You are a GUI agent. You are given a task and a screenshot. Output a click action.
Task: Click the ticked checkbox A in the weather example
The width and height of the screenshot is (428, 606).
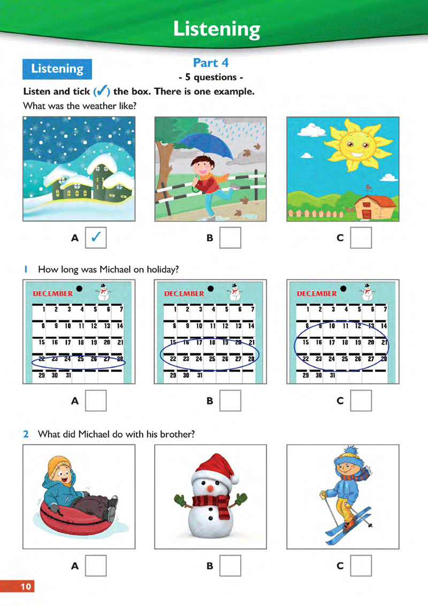click(96, 238)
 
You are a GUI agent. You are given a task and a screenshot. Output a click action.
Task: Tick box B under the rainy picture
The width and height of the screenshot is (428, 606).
click(230, 238)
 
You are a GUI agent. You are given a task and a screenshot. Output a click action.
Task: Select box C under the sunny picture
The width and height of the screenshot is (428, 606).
click(361, 238)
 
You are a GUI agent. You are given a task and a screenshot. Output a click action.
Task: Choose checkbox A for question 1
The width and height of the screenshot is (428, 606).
click(96, 400)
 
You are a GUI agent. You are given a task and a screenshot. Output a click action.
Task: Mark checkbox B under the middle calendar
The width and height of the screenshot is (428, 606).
click(230, 400)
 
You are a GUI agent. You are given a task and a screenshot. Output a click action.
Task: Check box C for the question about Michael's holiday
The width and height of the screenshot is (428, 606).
click(361, 400)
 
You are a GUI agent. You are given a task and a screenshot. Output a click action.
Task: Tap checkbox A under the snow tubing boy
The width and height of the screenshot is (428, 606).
click(96, 565)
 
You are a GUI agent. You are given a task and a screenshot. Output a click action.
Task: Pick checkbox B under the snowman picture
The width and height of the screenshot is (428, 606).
click(230, 565)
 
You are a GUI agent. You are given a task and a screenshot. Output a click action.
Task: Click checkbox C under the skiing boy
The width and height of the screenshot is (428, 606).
click(361, 565)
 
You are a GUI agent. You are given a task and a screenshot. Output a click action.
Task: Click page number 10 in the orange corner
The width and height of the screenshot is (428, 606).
click(26, 587)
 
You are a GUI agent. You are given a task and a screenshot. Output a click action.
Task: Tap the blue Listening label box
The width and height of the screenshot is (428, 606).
click(57, 69)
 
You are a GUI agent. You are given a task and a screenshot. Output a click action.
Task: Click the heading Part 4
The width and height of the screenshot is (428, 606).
click(211, 63)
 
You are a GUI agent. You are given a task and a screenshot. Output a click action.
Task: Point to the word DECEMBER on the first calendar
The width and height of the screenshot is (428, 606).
click(53, 293)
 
